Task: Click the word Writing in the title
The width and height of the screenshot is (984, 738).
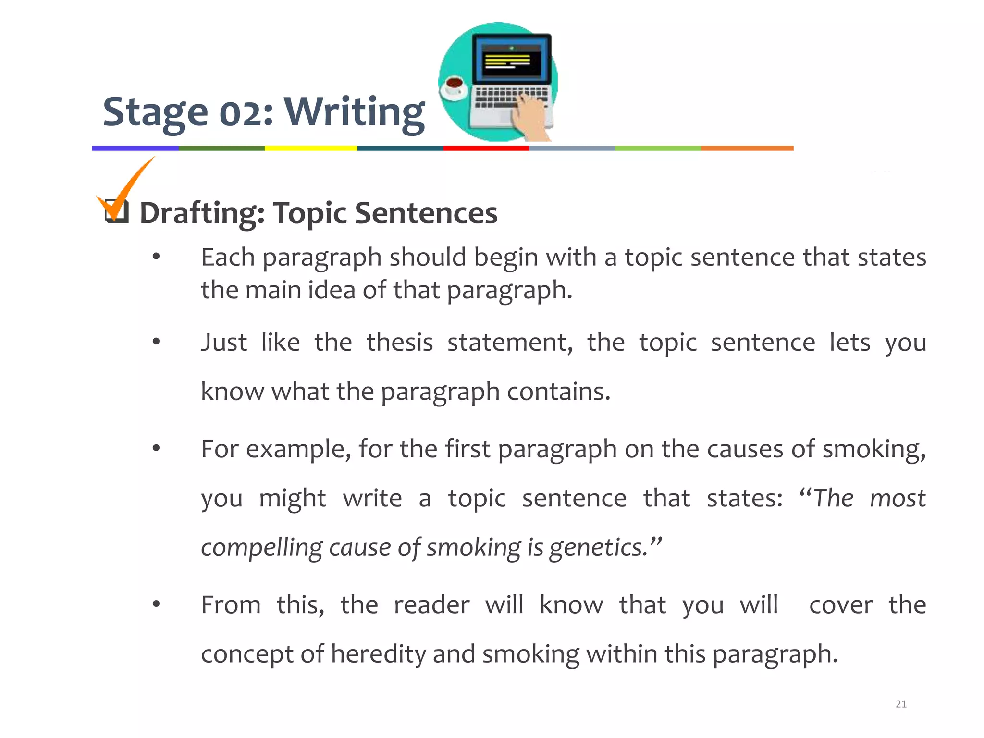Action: (355, 112)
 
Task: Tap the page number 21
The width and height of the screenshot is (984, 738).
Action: (901, 704)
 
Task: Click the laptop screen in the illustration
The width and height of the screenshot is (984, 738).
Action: (512, 61)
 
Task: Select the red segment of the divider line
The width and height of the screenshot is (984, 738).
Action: (486, 148)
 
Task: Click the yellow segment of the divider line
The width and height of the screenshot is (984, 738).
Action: (311, 148)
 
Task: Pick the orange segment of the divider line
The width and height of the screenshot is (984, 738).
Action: (747, 148)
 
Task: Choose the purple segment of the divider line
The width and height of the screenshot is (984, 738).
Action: (135, 148)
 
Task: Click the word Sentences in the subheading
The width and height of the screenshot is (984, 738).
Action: (426, 213)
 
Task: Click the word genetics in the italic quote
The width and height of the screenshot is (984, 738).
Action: (599, 548)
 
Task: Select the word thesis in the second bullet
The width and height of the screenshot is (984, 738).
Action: (400, 343)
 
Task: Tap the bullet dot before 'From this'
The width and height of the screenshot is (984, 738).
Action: (156, 604)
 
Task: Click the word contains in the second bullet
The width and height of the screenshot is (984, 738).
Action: (558, 392)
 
